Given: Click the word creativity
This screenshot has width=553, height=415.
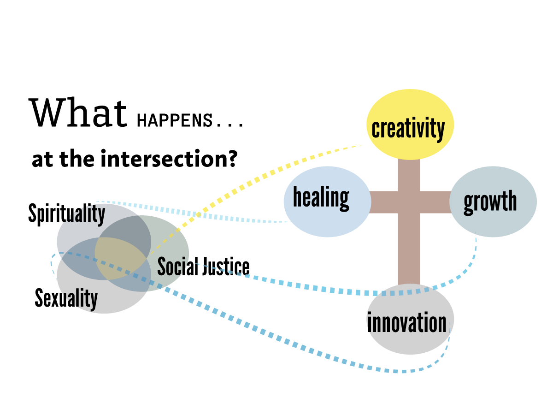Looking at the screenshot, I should [x=408, y=129].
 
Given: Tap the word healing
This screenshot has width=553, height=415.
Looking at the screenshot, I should [x=321, y=198].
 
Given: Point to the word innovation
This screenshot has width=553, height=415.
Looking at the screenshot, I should [x=408, y=322].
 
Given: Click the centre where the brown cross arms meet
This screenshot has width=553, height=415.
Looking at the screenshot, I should [x=409, y=202].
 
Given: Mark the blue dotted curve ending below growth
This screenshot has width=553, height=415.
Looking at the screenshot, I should [x=350, y=292].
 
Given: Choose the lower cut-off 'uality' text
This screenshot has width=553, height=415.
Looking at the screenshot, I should [x=79, y=299].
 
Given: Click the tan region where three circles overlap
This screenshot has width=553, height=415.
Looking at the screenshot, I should [x=121, y=258].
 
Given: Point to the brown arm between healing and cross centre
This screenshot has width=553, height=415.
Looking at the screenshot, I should [x=384, y=202].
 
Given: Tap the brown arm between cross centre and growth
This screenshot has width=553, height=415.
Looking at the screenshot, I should [x=435, y=202].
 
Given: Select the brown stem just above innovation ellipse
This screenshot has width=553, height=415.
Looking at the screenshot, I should [x=409, y=272].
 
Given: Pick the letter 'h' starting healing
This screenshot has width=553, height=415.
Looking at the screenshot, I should [x=298, y=197].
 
